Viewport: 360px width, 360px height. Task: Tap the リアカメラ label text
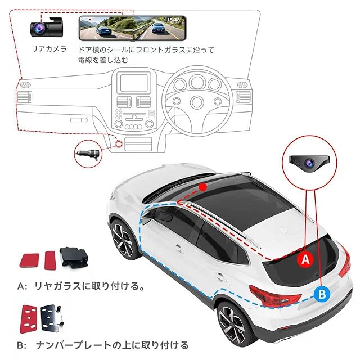point(48,49)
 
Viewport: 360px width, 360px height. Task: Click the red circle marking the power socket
point(120,145)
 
